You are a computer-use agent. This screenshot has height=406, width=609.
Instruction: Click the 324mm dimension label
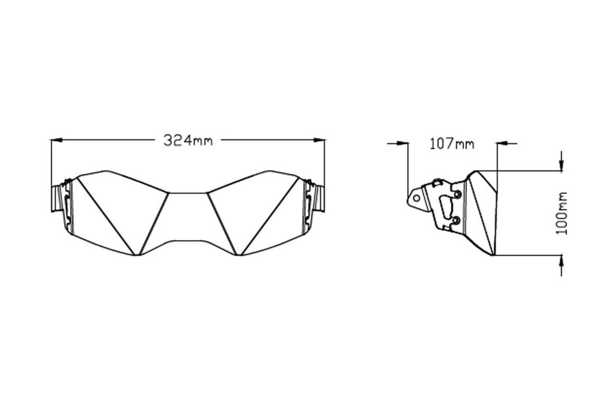click(x=188, y=140)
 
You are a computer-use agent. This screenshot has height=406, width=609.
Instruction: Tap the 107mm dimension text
click(x=452, y=144)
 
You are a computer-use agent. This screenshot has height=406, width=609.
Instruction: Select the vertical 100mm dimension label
click(x=561, y=213)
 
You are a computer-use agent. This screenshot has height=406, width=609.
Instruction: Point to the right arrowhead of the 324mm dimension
click(x=319, y=139)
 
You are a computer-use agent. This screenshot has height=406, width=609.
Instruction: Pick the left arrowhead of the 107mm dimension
click(x=403, y=143)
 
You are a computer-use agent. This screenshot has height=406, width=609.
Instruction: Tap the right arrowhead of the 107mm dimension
click(x=503, y=144)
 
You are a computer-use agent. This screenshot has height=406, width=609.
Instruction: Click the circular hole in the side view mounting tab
click(x=416, y=198)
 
